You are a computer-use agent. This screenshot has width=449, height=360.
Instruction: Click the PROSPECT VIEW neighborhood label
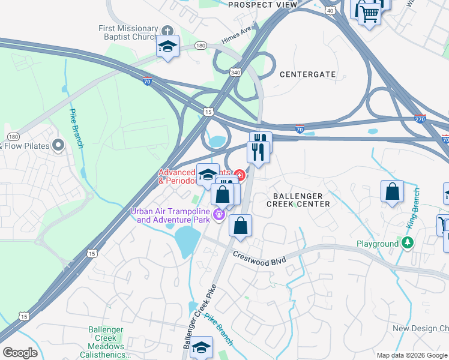pyautogui.click(x=263, y=5)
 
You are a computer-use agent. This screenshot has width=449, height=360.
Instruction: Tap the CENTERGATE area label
pyautogui.click(x=308, y=74)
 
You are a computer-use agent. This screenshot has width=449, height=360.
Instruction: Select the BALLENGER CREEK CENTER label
pyautogui.click(x=301, y=200)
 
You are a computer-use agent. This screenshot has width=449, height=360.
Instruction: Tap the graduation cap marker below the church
pyautogui.click(x=167, y=46)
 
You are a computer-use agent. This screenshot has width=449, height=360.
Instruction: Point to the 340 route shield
pyautogui.click(x=235, y=72)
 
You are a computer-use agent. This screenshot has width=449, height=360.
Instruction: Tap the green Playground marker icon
pyautogui.click(x=408, y=243)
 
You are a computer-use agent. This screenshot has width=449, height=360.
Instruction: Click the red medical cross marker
pyautogui.click(x=240, y=175)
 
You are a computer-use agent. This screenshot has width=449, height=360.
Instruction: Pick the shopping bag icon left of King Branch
pyautogui.click(x=392, y=192)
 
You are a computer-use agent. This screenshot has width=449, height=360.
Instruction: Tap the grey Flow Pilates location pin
pyautogui.click(x=58, y=145)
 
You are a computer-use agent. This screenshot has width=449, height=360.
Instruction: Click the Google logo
pyautogui.click(x=20, y=353)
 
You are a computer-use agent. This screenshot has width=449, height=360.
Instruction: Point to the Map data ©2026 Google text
pyautogui.click(x=412, y=355)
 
